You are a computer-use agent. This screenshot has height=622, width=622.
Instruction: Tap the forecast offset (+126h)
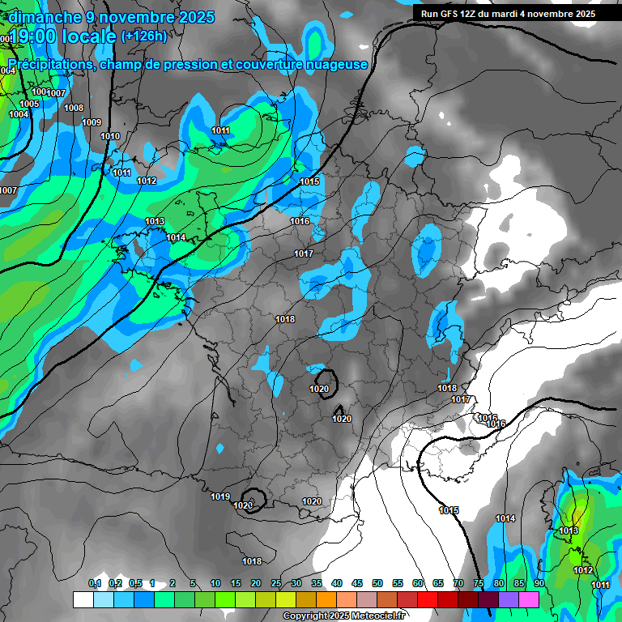pyautogui.click(x=144, y=36)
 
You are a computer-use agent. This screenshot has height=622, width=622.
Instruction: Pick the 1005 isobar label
pyautogui.click(x=30, y=104)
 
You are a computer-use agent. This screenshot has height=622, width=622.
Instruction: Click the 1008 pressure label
pyautogui.click(x=74, y=108)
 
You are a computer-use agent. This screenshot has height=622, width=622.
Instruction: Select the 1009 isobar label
pyautogui.click(x=92, y=122)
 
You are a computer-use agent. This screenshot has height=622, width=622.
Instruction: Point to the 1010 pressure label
pyautogui.click(x=110, y=136)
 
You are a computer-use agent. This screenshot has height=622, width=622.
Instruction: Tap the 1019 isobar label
pyautogui.click(x=220, y=496)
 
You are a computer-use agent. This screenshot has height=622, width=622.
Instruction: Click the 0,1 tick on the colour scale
pyautogui.click(x=95, y=583)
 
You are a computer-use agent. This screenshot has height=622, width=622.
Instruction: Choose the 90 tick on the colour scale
pyautogui.click(x=539, y=583)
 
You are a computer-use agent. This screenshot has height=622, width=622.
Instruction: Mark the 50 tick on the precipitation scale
pyautogui.click(x=377, y=583)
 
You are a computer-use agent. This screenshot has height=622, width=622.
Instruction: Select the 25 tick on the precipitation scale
pyautogui.click(x=276, y=583)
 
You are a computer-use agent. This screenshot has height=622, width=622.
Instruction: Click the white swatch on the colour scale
pyautogui.click(x=83, y=599)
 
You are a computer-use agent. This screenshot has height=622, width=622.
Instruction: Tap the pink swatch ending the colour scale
pyautogui.click(x=529, y=599)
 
